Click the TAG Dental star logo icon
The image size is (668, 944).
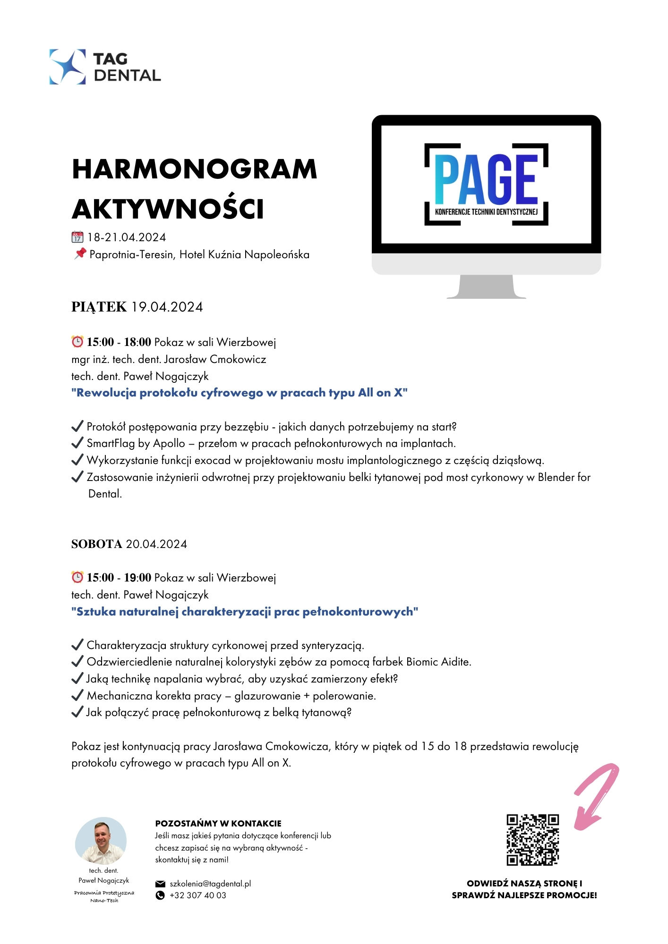(68, 67)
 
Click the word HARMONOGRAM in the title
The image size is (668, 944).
(194, 169)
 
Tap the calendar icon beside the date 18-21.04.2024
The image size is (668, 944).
(77, 237)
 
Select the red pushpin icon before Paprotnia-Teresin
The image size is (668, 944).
(80, 254)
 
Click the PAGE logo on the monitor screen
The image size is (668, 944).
(486, 184)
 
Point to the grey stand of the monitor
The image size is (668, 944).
(486, 287)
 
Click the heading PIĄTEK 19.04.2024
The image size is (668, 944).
(137, 307)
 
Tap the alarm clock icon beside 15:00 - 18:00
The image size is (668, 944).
(77, 341)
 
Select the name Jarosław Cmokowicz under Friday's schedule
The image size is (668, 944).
(215, 359)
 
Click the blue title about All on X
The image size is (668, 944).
(239, 393)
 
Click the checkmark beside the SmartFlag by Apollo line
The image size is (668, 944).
(77, 443)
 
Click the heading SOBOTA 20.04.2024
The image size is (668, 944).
(129, 544)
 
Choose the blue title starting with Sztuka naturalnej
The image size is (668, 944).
(245, 612)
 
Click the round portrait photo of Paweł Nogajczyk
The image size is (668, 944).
(101, 841)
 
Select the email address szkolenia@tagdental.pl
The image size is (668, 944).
(210, 884)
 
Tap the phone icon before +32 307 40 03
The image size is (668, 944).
(160, 895)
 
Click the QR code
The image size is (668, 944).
(532, 840)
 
